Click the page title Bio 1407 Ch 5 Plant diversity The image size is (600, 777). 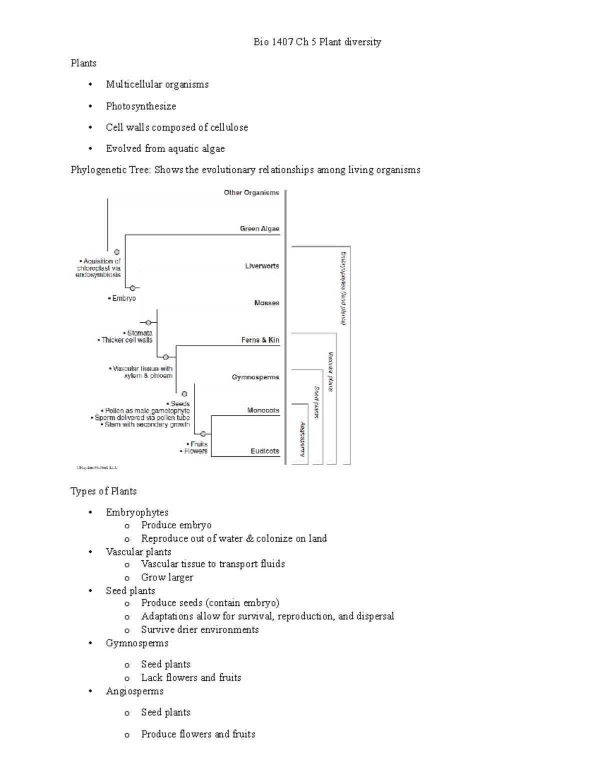pyautogui.click(x=317, y=42)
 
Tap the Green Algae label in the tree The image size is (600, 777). pyautogui.click(x=259, y=229)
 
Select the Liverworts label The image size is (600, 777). pyautogui.click(x=261, y=266)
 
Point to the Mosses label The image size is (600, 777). pyautogui.click(x=266, y=303)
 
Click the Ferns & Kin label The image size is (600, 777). pyautogui.click(x=260, y=340)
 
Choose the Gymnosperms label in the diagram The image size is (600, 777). pyautogui.click(x=255, y=377)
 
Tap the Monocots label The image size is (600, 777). pyautogui.click(x=263, y=410)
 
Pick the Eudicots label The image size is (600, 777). pyautogui.click(x=264, y=451)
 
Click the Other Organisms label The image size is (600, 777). pyautogui.click(x=251, y=193)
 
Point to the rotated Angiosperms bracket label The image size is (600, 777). pyautogui.click(x=302, y=439)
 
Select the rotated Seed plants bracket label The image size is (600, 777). pyautogui.click(x=316, y=402)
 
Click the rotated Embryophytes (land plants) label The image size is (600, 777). pyautogui.click(x=343, y=288)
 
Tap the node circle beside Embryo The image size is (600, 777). pyautogui.click(x=132, y=288)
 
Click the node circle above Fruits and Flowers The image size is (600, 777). pyautogui.click(x=203, y=433)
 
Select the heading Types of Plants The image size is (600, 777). pyautogui.click(x=103, y=491)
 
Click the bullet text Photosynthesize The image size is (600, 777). pyautogui.click(x=141, y=106)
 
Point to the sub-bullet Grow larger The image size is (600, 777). pyautogui.click(x=167, y=577)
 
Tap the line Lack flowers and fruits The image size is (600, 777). pyautogui.click(x=191, y=677)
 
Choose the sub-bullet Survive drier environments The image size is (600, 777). pyautogui.click(x=199, y=629)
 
